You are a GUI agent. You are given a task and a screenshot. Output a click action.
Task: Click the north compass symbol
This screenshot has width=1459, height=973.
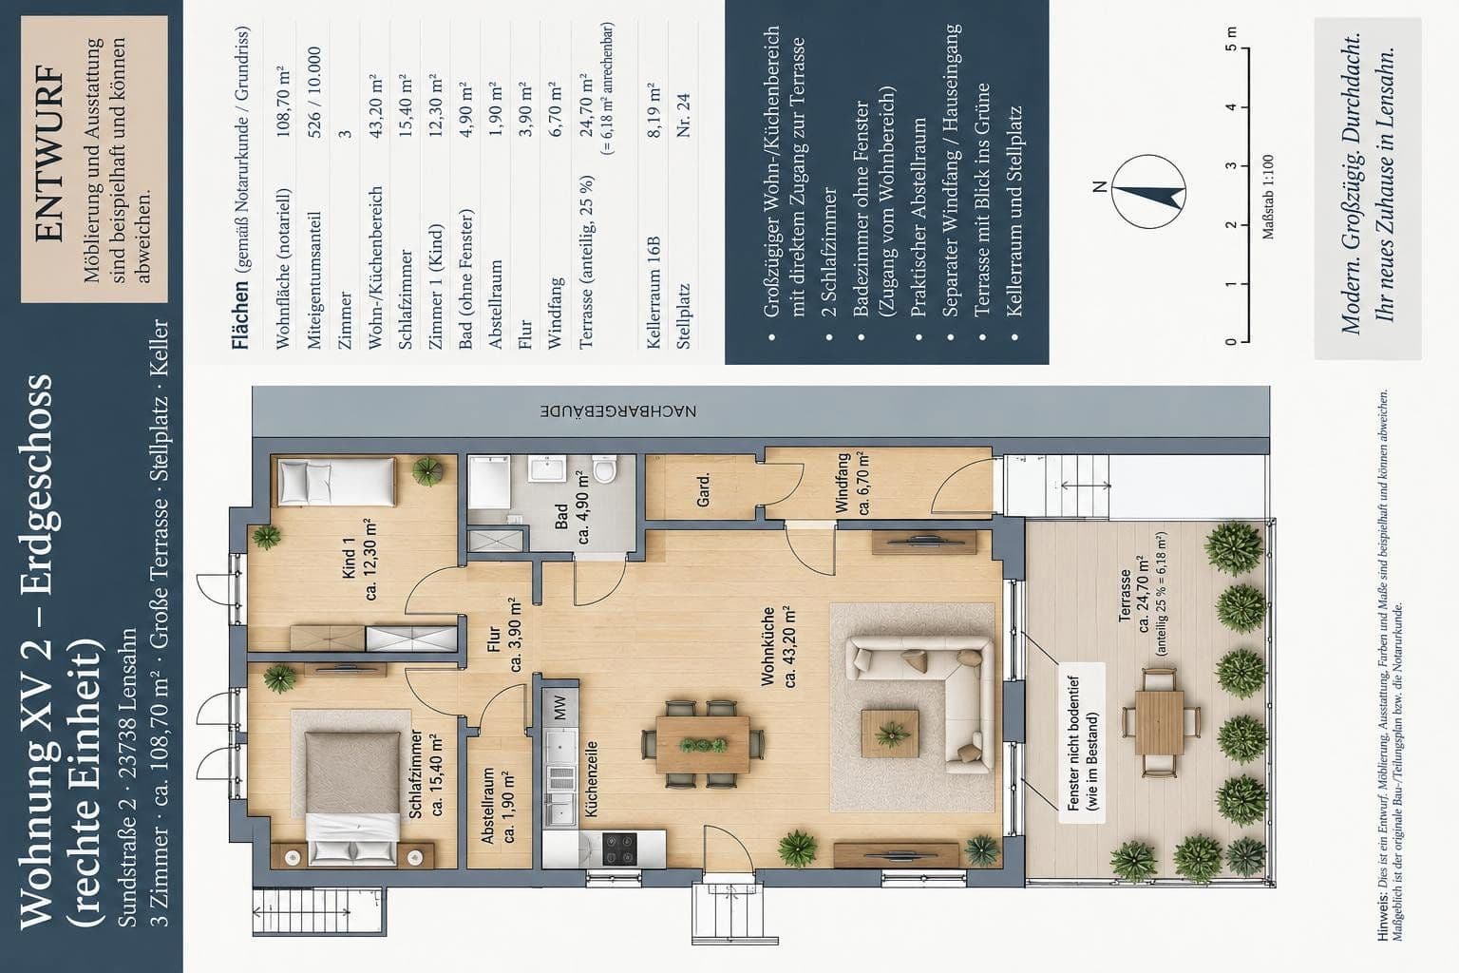[x=1148, y=191]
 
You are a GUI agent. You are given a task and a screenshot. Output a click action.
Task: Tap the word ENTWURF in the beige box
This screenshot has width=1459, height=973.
[x=50, y=152]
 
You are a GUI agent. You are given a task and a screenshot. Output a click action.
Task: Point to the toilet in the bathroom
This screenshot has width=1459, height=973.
[x=604, y=469]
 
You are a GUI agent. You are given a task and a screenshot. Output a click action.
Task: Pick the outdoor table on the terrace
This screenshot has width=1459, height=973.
[x=1160, y=723]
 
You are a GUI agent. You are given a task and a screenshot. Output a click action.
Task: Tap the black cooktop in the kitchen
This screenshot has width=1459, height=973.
[x=618, y=849]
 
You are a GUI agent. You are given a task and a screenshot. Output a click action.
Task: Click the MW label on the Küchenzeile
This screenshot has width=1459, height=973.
[x=560, y=707]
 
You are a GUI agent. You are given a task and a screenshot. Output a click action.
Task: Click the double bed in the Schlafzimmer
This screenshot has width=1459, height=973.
[x=352, y=798]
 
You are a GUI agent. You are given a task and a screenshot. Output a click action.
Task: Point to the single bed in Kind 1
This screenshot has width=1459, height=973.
[x=337, y=482]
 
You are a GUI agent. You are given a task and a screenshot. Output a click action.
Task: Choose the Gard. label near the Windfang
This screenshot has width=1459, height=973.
[x=704, y=490]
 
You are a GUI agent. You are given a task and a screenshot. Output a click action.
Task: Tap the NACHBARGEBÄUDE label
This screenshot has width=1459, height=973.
[x=618, y=411]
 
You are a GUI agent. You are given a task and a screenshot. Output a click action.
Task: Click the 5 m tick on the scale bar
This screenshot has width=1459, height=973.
[x=1244, y=48]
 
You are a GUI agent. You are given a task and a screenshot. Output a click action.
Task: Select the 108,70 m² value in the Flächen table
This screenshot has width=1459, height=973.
[x=283, y=102]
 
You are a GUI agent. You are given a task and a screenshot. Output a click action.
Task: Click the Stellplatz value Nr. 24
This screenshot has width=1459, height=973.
[x=683, y=115]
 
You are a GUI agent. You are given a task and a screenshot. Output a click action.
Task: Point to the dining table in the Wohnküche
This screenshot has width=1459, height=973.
[x=703, y=744]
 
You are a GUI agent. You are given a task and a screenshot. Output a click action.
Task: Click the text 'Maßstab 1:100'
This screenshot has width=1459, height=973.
[x=1267, y=197]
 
